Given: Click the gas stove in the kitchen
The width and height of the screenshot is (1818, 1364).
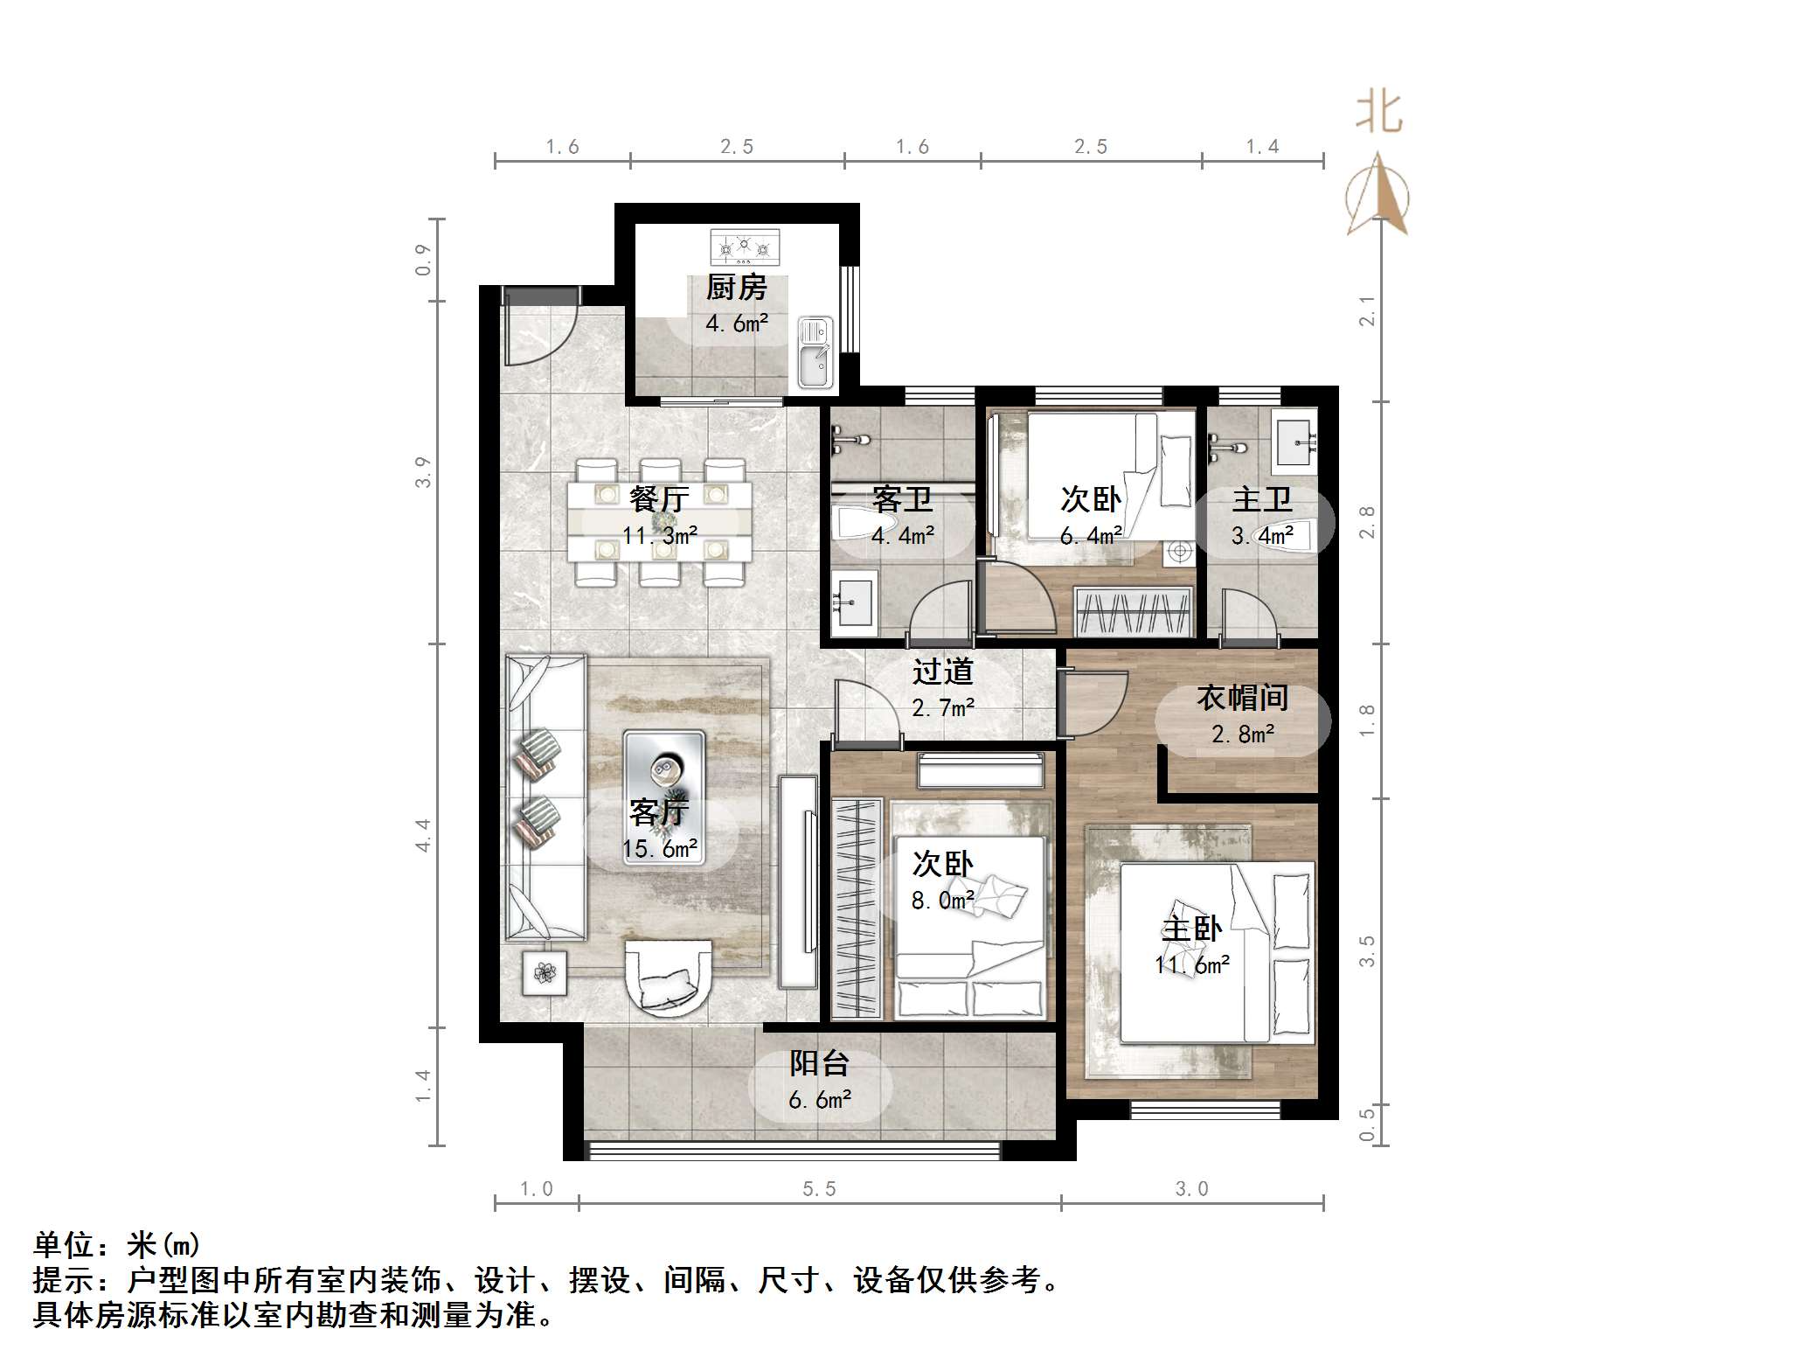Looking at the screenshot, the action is [745, 247].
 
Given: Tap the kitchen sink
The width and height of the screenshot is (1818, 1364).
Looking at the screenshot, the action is [815, 353].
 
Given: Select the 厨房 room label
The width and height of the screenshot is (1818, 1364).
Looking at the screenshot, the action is [736, 288].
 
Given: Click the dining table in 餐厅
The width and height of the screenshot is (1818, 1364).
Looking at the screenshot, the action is [660, 522].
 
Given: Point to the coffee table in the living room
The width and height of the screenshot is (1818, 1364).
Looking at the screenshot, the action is [664, 798].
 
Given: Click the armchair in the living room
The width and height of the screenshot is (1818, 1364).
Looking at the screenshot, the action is [669, 978].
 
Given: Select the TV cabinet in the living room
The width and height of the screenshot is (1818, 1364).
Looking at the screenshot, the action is [798, 881].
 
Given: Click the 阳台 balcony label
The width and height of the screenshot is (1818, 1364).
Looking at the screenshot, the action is [820, 1063].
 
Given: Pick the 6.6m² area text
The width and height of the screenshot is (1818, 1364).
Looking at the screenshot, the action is [820, 1099].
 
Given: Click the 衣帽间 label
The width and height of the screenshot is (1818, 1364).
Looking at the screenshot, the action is [1243, 698].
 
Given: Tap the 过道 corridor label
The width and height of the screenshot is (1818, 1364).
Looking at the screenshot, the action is [942, 672].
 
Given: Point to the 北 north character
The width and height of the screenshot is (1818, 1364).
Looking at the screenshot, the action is [1379, 114].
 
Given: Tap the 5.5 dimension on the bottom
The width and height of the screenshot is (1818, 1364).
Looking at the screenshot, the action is [819, 1189].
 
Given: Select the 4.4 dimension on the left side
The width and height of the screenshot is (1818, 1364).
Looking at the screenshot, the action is [423, 835].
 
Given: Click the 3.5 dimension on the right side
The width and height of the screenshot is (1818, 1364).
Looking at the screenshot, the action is [1367, 951].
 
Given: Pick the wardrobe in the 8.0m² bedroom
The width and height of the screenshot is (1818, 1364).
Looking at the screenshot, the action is [857, 908].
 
